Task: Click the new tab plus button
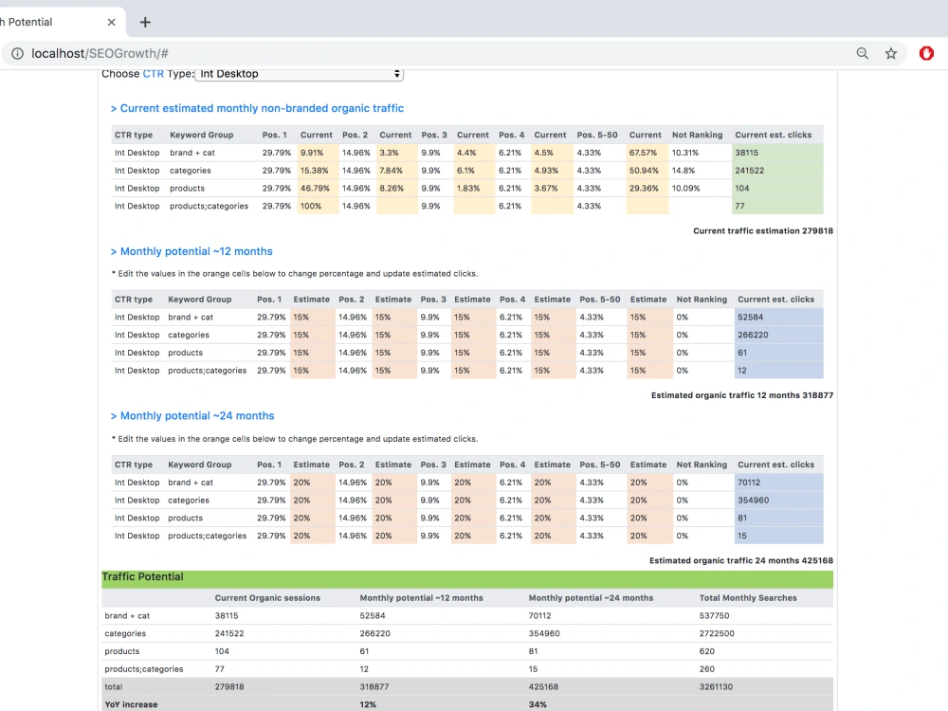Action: [145, 23]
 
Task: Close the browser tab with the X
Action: [111, 23]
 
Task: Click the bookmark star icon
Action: [891, 53]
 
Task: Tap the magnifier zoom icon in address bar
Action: [862, 53]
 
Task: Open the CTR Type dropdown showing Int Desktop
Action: [300, 74]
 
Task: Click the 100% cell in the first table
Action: [318, 206]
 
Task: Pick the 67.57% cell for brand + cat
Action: [647, 153]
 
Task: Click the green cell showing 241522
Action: [777, 171]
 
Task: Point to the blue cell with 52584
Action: [778, 317]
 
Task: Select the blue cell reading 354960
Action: [778, 500]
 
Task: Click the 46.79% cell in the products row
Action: [318, 188]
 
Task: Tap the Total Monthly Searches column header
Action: [748, 598]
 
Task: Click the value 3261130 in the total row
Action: [716, 686]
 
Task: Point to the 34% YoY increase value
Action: [538, 704]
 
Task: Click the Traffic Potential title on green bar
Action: [143, 576]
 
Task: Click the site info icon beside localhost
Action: [18, 53]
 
